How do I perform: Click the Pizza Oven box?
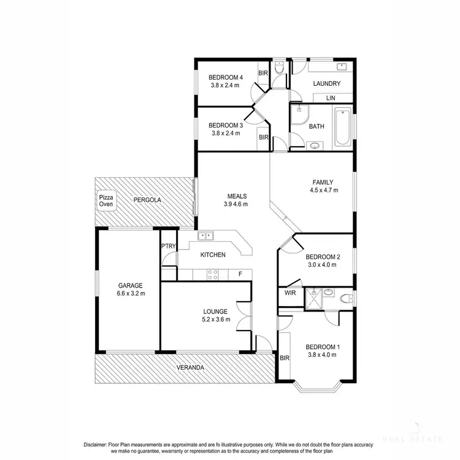coord(107,201)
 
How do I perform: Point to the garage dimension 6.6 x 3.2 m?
coord(130,293)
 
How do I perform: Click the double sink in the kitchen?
coord(205,236)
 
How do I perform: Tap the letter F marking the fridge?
coord(240,274)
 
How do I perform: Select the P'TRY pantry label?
coord(168,246)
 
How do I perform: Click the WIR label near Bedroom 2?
coord(290,294)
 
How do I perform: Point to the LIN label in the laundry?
coord(331,98)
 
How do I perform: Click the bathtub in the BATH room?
coord(342,127)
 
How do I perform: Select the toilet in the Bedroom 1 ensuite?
coord(345,299)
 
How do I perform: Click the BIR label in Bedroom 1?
coord(285,357)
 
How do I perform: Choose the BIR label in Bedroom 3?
coord(263,137)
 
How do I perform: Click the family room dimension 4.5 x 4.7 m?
coord(323,190)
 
